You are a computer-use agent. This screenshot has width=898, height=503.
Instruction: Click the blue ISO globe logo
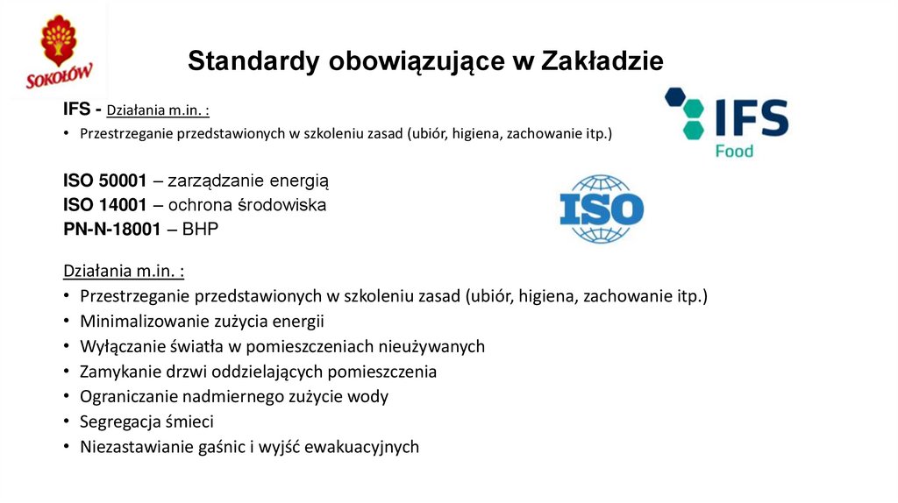[x=602, y=209]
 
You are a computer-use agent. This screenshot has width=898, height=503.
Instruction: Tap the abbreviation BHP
[x=201, y=229]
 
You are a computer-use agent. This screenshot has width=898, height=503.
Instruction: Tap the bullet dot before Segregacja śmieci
[x=67, y=422]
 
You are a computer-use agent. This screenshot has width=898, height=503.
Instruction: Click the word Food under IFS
[x=734, y=150]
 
